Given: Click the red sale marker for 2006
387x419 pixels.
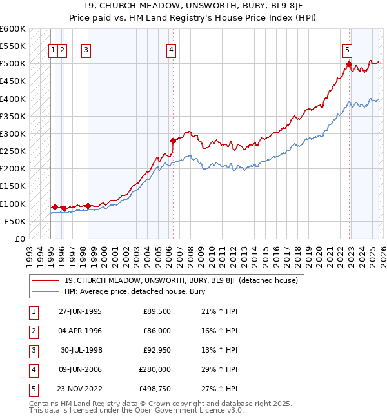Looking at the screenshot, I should pos(173,140).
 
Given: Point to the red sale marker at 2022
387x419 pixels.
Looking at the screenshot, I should pos(349,64).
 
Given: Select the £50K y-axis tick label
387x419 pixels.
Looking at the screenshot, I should pos(15,221).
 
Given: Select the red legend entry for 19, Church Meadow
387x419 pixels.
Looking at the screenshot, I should pos(181,280).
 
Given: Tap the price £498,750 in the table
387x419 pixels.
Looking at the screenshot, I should pos(155,389).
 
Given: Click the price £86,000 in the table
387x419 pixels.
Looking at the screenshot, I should pos(155,331).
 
